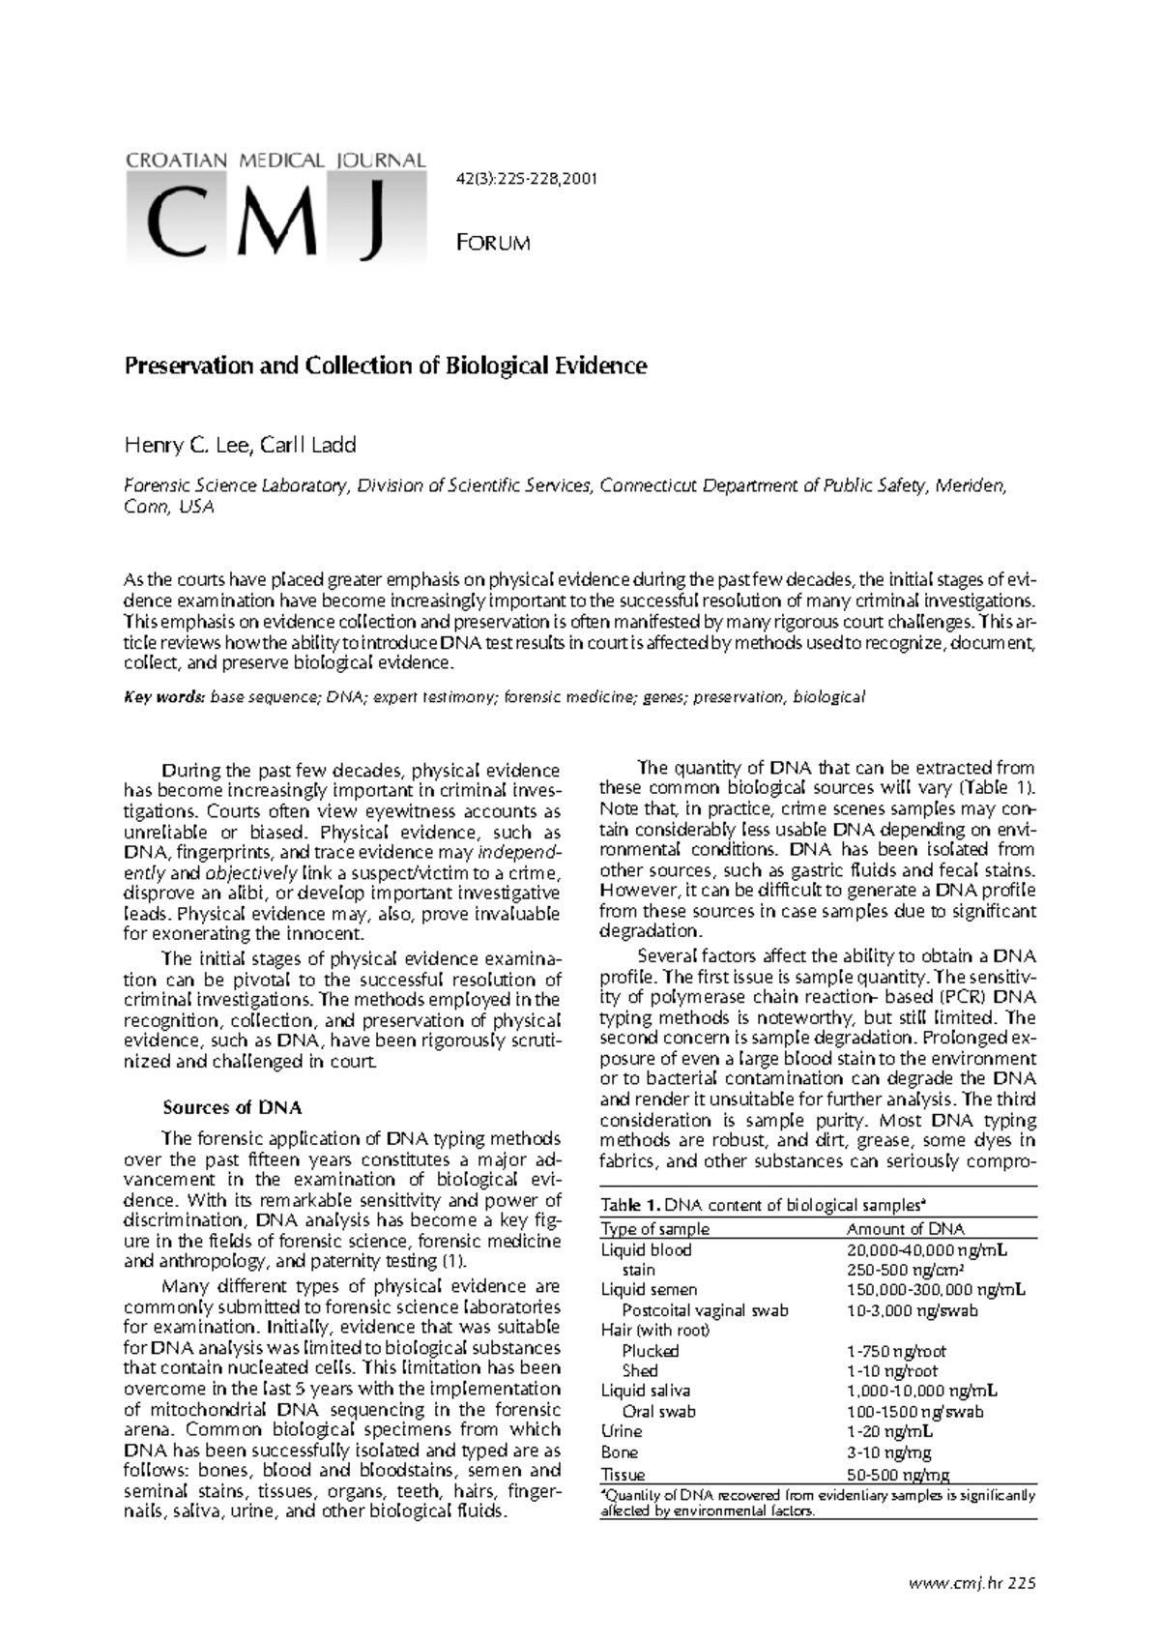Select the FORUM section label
click(x=492, y=243)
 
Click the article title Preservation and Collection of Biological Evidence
click(x=385, y=366)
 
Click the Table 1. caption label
click(x=630, y=1205)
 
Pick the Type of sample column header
click(x=654, y=1229)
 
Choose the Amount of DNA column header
click(x=905, y=1229)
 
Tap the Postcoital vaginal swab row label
click(x=705, y=1310)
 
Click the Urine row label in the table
click(x=621, y=1431)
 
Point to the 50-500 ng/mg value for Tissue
click(x=897, y=1475)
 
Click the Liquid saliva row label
click(x=645, y=1391)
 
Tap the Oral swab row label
click(x=658, y=1411)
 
